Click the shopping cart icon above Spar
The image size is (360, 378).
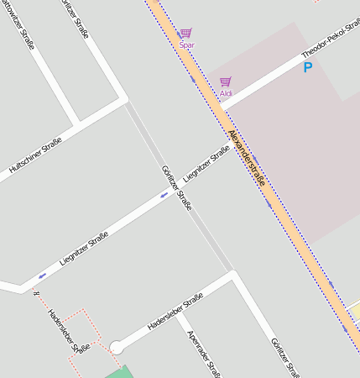(x=185, y=33)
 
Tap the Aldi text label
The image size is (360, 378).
(x=226, y=93)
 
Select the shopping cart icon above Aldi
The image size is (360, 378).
(x=225, y=81)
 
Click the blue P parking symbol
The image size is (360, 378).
(x=307, y=67)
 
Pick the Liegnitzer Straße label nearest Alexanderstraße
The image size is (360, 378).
(x=206, y=164)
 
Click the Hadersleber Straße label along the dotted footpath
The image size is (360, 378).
(x=68, y=331)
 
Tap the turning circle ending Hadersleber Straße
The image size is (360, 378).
(x=116, y=346)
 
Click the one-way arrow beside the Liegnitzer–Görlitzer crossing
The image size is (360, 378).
(x=164, y=195)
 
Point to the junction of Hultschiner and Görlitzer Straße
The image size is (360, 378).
(x=127, y=101)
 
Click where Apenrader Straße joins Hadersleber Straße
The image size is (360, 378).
(x=178, y=312)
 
